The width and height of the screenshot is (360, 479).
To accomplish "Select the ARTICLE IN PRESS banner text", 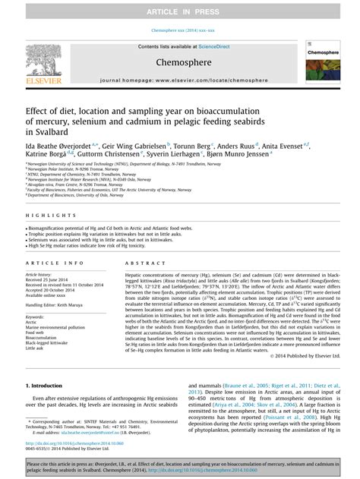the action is [179, 7].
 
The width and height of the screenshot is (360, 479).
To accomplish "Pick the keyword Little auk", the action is [34, 348].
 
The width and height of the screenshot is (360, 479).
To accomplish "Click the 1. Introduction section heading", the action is [47, 386].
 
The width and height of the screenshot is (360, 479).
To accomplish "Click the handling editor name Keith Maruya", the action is [74, 304].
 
